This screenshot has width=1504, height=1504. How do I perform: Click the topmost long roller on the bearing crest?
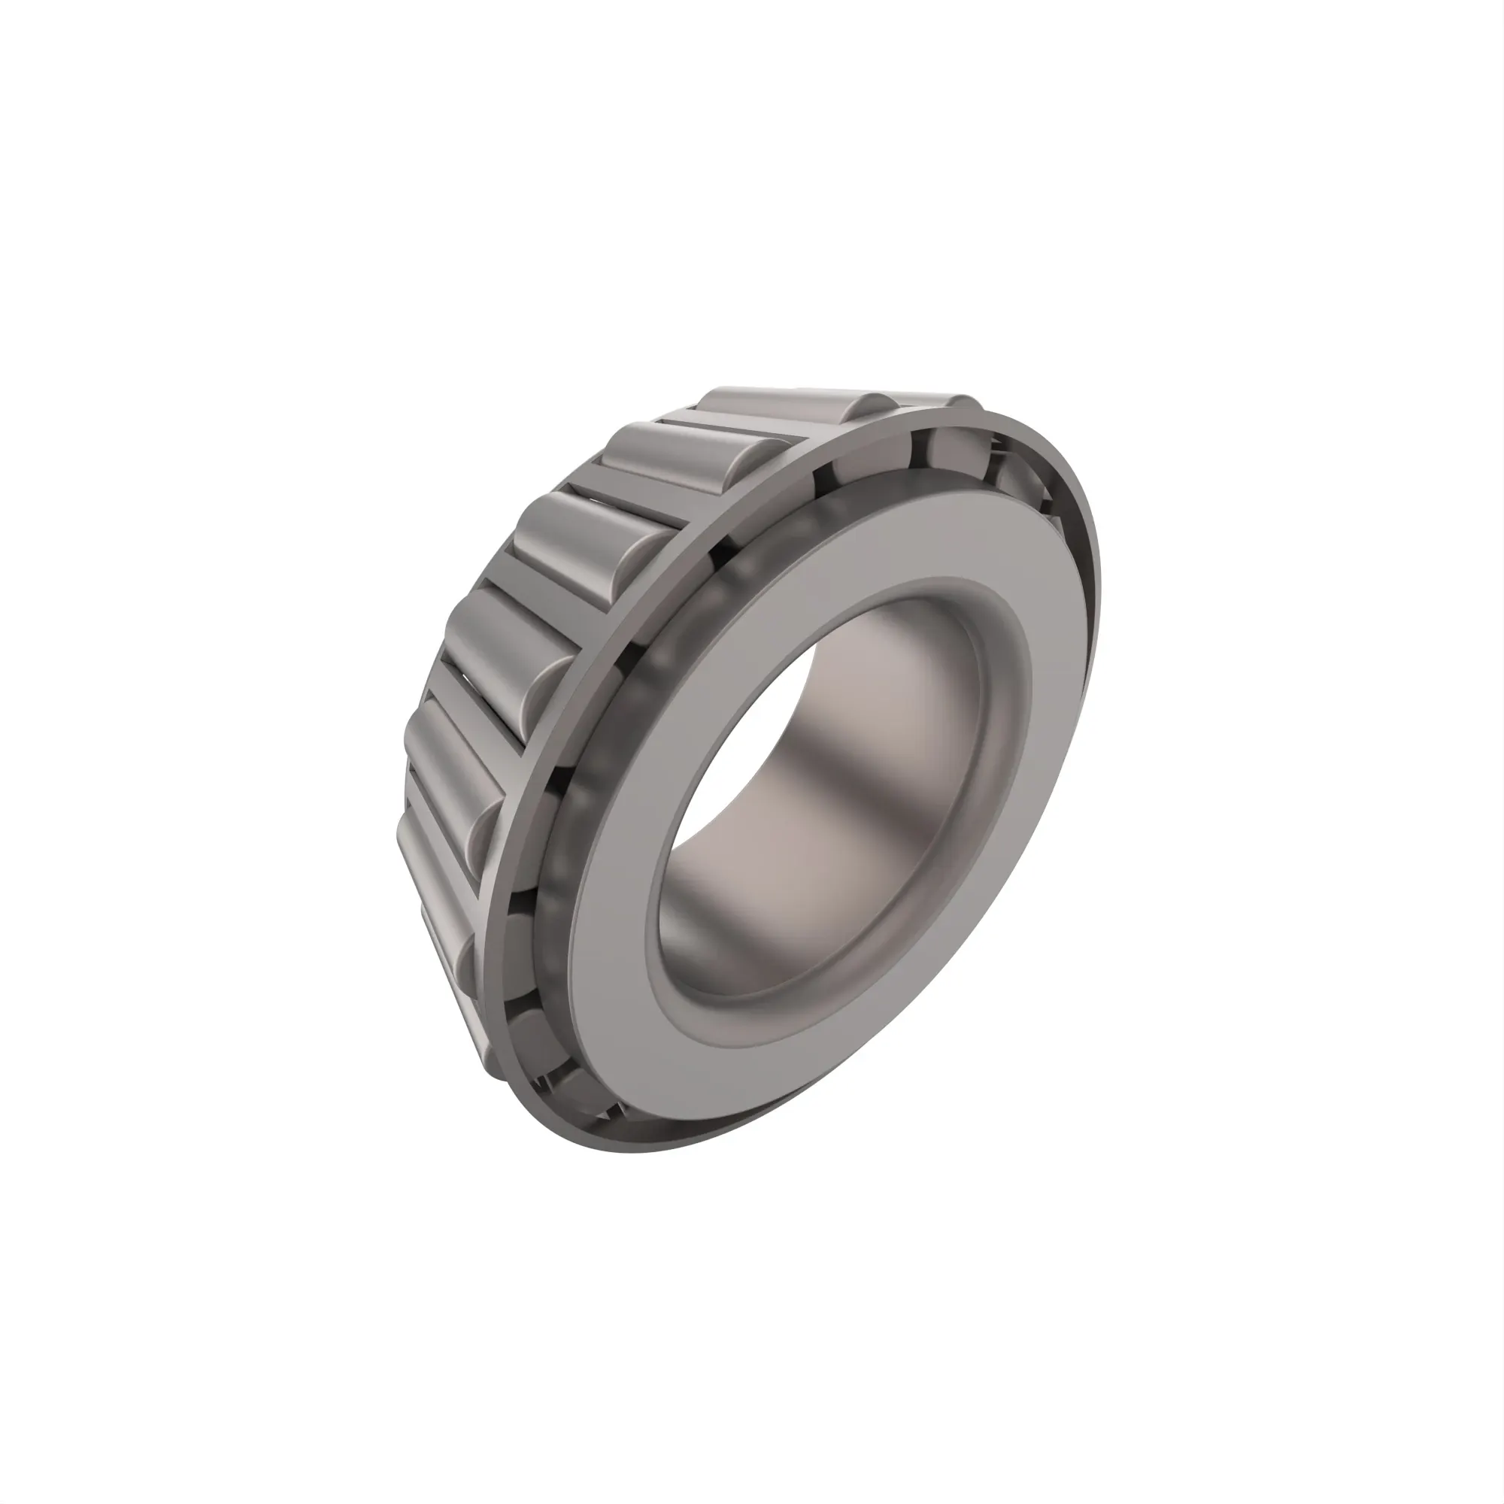coord(787,402)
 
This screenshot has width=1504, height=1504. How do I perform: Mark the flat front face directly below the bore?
coord(701,1059)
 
